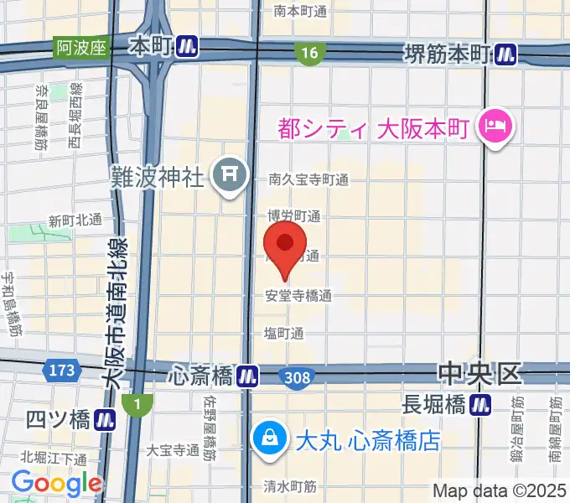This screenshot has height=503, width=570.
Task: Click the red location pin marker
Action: [285, 245]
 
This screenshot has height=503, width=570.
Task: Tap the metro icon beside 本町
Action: [188, 48]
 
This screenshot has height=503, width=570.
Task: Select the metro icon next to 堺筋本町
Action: [505, 54]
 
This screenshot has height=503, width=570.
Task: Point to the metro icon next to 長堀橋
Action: [480, 405]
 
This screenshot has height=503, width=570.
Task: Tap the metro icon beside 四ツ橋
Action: [105, 418]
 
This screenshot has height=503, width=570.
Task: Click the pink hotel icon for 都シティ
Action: [490, 127]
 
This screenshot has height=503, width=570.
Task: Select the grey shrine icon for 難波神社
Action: [228, 175]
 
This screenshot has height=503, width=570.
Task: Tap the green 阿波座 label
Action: [82, 48]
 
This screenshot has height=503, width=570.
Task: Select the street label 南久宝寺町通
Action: [308, 179]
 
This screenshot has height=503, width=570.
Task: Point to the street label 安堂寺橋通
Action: [298, 295]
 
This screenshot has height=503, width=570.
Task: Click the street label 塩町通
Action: [283, 333]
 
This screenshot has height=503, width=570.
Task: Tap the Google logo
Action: [56, 484]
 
